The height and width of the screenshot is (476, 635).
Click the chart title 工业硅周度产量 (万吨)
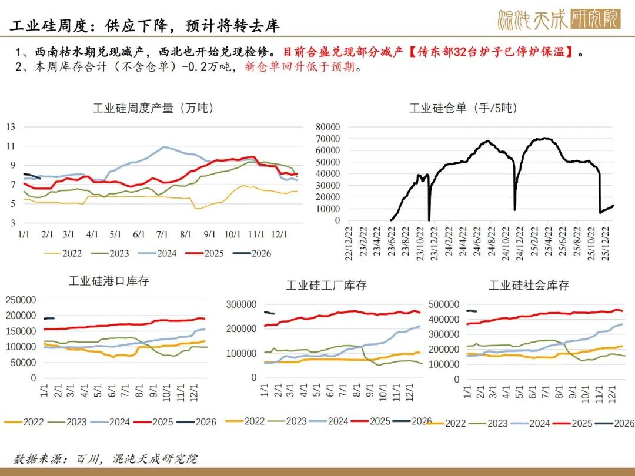click(x=153, y=108)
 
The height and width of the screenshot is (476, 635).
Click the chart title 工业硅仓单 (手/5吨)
click(x=463, y=108)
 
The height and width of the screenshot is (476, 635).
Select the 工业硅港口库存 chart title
click(x=109, y=281)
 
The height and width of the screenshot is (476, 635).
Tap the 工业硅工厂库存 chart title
click(x=326, y=285)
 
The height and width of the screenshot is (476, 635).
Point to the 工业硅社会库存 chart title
click(x=529, y=285)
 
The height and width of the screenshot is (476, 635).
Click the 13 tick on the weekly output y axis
click(x=11, y=126)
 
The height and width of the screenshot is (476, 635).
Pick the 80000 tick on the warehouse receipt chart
click(x=327, y=126)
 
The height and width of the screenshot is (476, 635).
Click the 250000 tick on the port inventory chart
click(x=21, y=300)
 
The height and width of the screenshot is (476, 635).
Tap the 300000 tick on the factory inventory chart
click(x=241, y=304)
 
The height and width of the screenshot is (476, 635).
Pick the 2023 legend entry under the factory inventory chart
click(x=286, y=421)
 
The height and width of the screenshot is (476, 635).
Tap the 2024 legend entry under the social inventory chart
click(x=530, y=423)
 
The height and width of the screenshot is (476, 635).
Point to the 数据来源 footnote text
click(x=106, y=458)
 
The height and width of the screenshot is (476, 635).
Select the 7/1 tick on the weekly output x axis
click(x=163, y=234)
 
